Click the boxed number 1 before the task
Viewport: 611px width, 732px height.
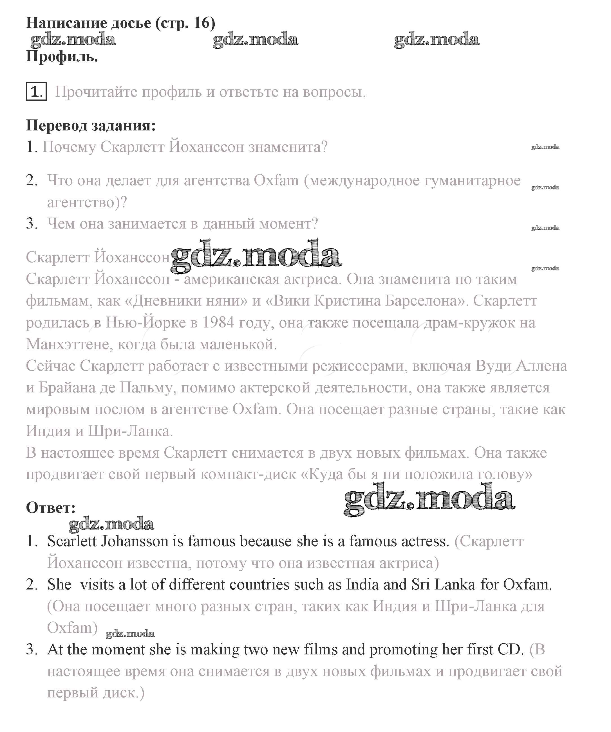pos(36,92)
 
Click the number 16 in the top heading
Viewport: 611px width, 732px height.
pos(202,23)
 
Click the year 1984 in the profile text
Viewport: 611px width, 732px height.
pos(218,322)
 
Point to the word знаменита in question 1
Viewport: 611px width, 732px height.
pos(288,147)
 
